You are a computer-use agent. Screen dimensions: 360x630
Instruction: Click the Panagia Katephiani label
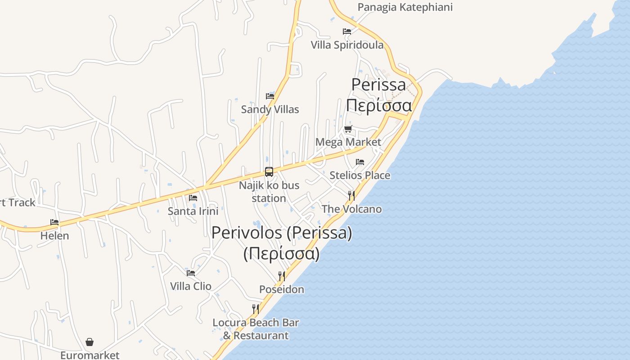point(405,7)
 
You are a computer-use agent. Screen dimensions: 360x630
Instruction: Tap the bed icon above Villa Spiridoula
point(347,31)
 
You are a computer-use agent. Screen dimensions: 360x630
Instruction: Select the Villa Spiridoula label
point(347,45)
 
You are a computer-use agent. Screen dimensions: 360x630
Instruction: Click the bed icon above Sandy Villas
point(270,96)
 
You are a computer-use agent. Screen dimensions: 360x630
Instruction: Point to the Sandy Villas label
point(270,109)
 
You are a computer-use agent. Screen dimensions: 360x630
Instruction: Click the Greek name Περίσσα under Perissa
point(379,106)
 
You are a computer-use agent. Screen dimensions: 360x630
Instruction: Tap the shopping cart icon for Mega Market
point(348,129)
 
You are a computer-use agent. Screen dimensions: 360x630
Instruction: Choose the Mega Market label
point(348,142)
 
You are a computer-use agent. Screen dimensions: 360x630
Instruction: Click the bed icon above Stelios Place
point(360,162)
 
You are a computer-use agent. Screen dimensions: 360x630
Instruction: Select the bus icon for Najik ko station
point(269,172)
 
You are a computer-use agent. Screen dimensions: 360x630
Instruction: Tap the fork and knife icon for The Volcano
point(351,196)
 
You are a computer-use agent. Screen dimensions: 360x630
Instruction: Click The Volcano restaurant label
point(351,209)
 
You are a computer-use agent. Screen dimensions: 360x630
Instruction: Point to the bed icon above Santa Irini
point(193,198)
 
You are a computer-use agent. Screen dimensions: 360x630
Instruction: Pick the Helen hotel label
point(54,236)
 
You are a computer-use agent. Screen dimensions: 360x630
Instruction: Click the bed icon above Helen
point(54,222)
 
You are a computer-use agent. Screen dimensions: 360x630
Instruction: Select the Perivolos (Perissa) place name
point(282,233)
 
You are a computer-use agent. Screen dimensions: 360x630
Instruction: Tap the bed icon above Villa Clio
point(191,273)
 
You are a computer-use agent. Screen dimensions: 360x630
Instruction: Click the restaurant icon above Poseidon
point(282,276)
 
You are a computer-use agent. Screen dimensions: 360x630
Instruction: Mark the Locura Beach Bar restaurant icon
point(256,309)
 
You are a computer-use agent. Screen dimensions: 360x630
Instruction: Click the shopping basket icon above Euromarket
point(90,342)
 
